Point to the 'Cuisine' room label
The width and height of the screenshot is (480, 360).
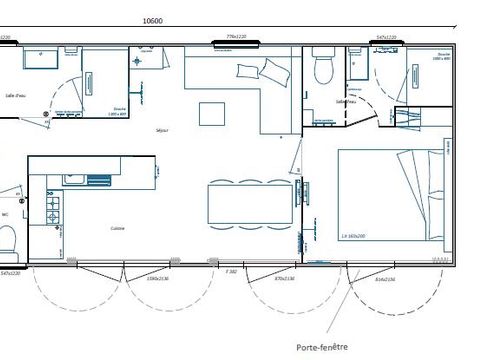pyautogui.click(x=118, y=228)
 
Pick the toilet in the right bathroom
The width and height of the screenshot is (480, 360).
pyautogui.click(x=322, y=69)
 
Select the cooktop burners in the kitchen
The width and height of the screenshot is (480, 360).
pyautogui.click(x=52, y=211)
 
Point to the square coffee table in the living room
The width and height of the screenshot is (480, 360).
pyautogui.click(x=213, y=113)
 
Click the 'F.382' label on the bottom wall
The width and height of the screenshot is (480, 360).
pyautogui.click(x=231, y=271)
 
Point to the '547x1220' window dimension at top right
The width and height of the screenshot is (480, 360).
pyautogui.click(x=387, y=37)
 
